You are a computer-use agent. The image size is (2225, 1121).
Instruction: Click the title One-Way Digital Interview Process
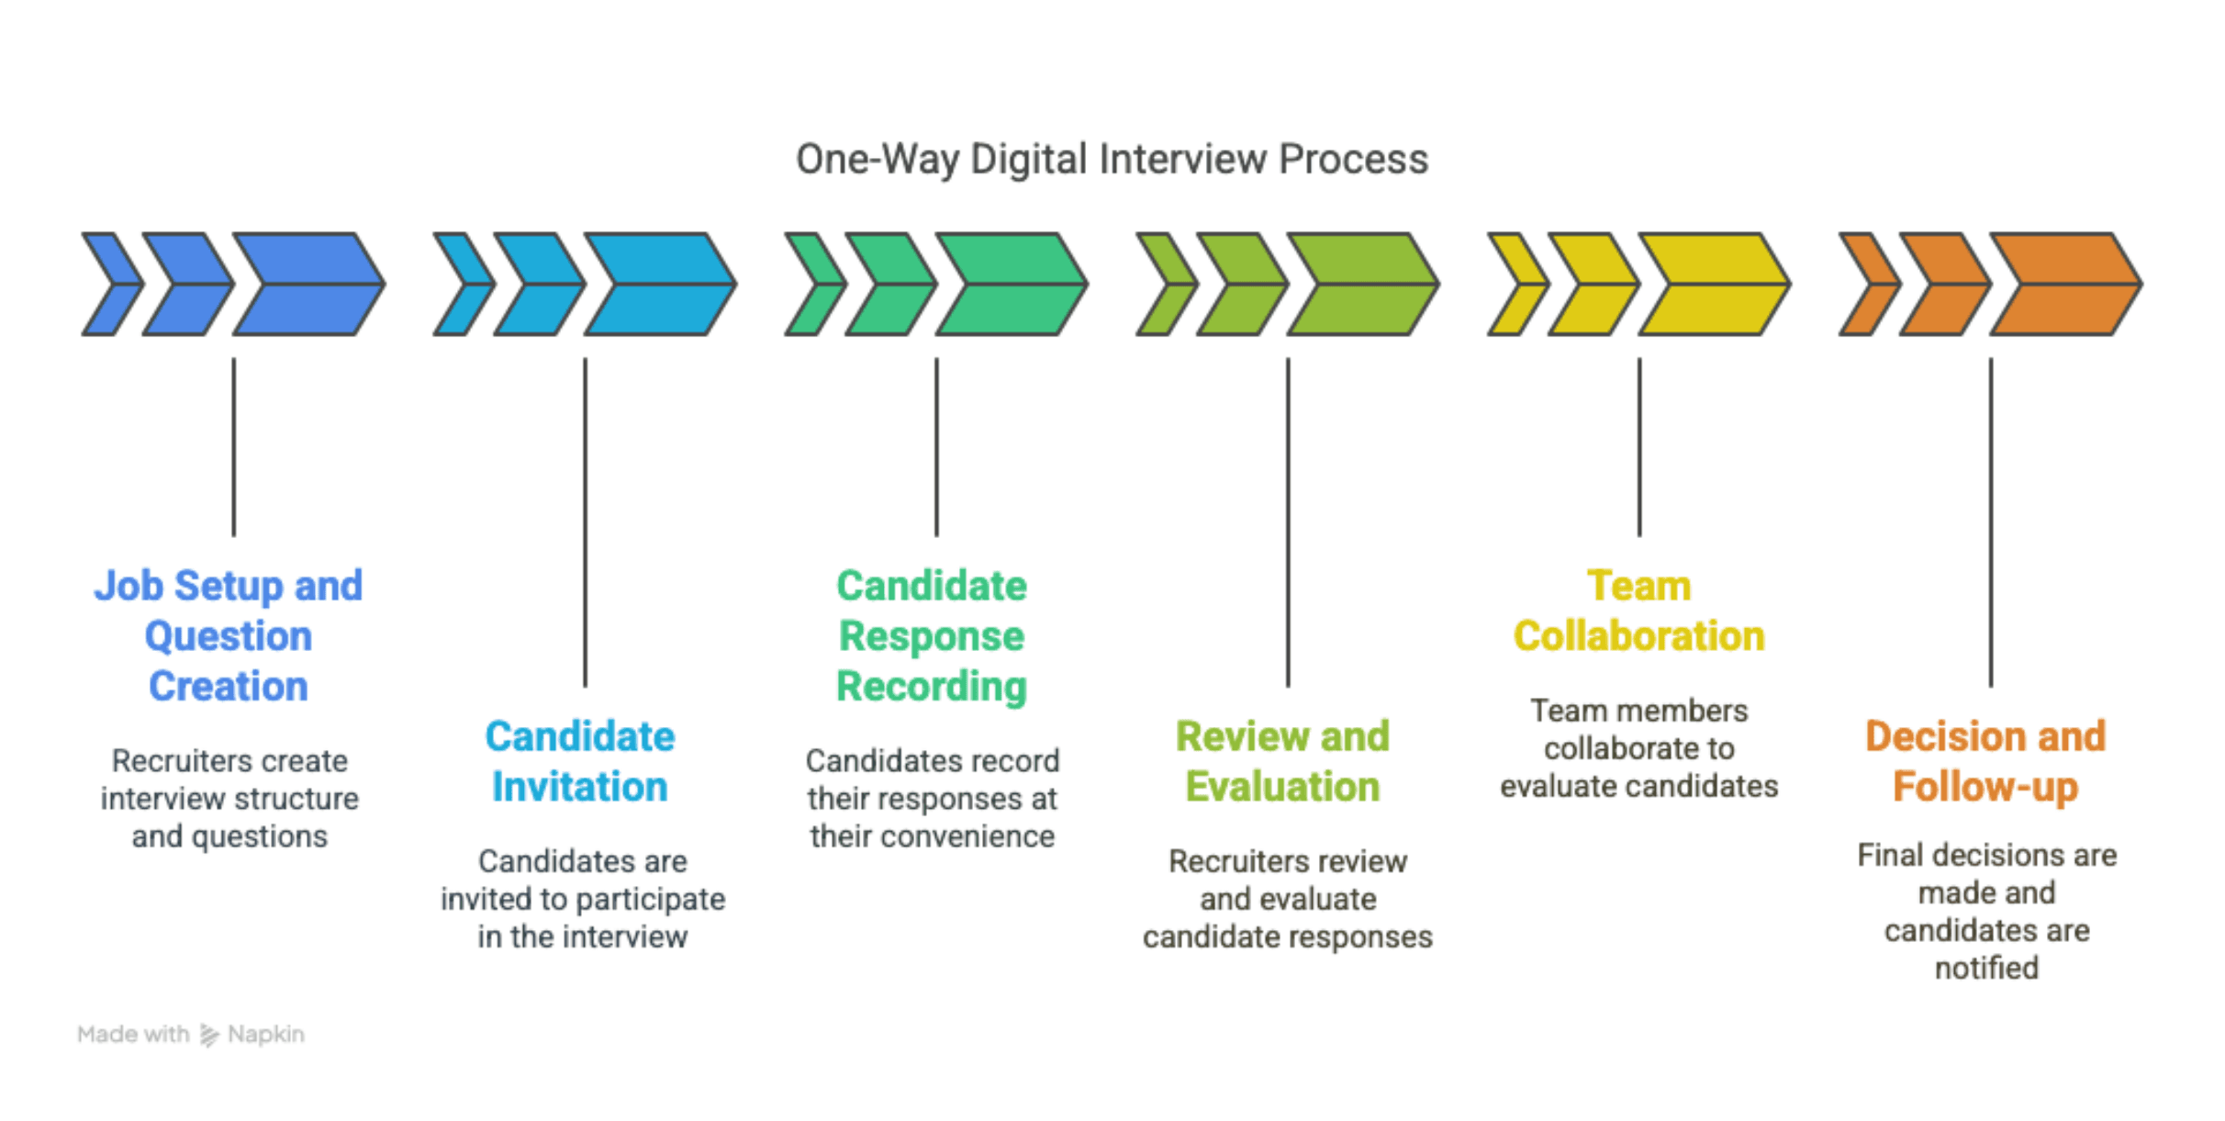(x=1112, y=159)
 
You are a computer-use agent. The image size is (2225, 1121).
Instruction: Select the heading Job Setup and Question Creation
(x=229, y=635)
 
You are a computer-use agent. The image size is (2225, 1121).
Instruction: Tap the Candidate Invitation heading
(x=580, y=761)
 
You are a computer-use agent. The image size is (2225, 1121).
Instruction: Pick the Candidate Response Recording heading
(x=932, y=635)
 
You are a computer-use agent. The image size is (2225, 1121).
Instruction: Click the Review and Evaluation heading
(x=1283, y=761)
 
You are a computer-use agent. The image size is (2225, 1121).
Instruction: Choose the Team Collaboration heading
(x=1639, y=611)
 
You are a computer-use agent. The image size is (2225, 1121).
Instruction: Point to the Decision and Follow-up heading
(x=1985, y=761)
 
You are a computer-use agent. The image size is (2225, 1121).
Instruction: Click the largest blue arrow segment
(x=308, y=284)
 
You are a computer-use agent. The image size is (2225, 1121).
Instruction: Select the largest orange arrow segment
(x=2065, y=284)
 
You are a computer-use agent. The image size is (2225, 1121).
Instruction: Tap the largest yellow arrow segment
(x=1714, y=284)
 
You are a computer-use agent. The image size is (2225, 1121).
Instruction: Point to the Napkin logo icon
(x=209, y=1035)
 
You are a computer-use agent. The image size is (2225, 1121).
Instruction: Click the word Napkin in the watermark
(x=266, y=1035)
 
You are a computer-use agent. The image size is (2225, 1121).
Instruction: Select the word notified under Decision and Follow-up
(x=1986, y=968)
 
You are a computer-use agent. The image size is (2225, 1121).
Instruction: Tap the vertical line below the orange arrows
(x=1991, y=522)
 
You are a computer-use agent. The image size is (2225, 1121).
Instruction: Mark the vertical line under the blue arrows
(x=234, y=447)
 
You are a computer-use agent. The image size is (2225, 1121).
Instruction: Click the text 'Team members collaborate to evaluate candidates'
(x=1639, y=748)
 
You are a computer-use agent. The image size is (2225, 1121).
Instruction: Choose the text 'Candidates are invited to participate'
(x=583, y=880)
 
